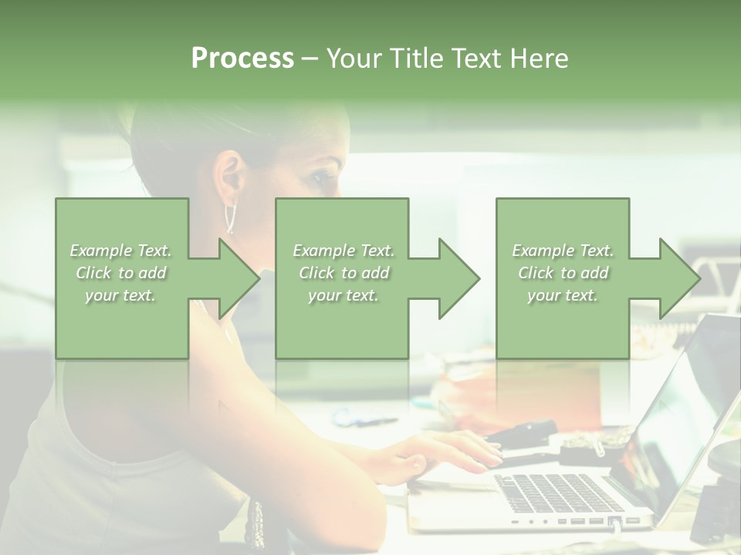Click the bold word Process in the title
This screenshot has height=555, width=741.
[242, 59]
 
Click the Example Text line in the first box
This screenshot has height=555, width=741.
[121, 251]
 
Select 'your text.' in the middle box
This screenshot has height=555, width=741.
[343, 295]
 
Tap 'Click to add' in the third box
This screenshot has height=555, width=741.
[563, 273]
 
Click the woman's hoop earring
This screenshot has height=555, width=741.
[229, 217]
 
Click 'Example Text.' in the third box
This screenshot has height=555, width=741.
[563, 251]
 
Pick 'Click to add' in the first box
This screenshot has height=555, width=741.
[121, 273]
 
